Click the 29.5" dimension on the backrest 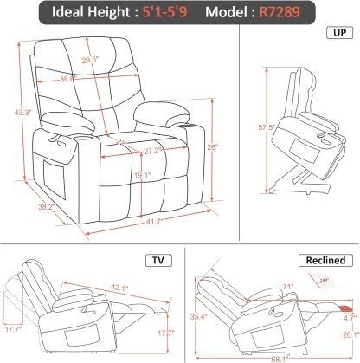pos(113,61)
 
